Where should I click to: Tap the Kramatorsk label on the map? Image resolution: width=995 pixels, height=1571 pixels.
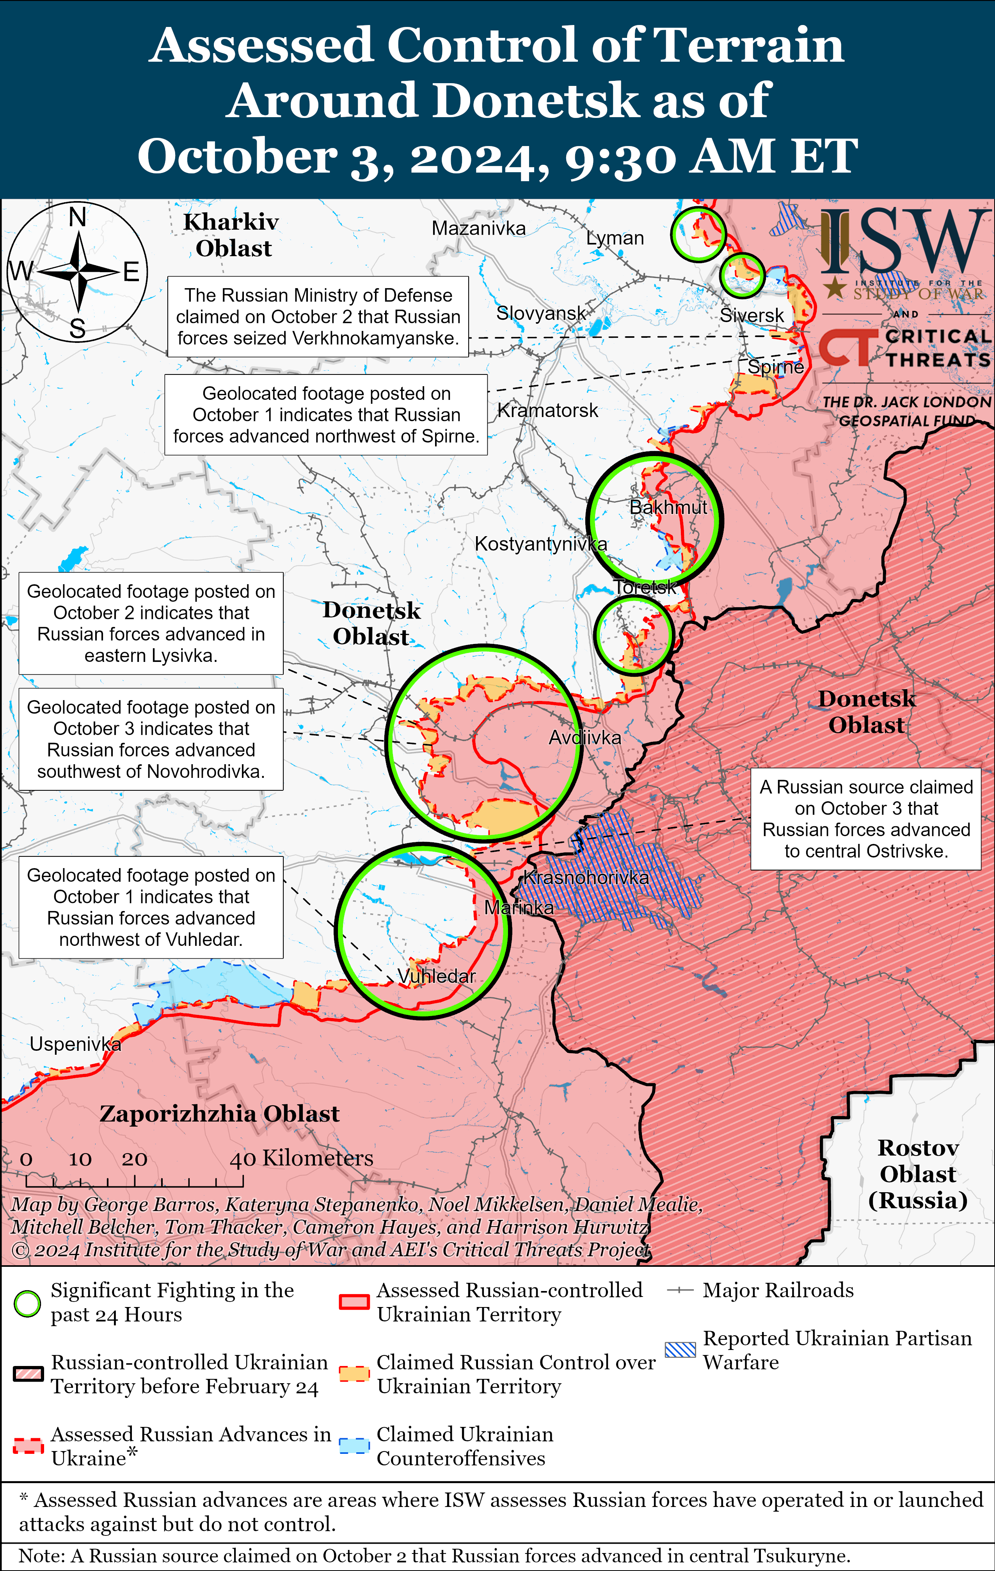coord(548,410)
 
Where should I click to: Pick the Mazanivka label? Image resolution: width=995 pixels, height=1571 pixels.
coord(479,228)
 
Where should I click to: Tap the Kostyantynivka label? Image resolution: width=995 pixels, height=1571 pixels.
coord(540,544)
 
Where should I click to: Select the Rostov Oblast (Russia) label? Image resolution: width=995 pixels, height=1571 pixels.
coord(917,1174)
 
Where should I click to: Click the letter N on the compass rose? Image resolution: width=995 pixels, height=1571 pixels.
coord(78,217)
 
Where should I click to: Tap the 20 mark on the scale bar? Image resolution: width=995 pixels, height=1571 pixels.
coord(134,1159)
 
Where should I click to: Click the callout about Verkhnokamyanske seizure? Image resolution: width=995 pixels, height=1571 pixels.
coord(318,316)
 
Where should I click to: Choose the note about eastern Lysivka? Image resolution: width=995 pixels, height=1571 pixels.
coord(151,623)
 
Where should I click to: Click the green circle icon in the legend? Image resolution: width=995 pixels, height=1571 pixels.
coord(27,1304)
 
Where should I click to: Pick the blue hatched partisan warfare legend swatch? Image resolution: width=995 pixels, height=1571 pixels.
coord(680,1349)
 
